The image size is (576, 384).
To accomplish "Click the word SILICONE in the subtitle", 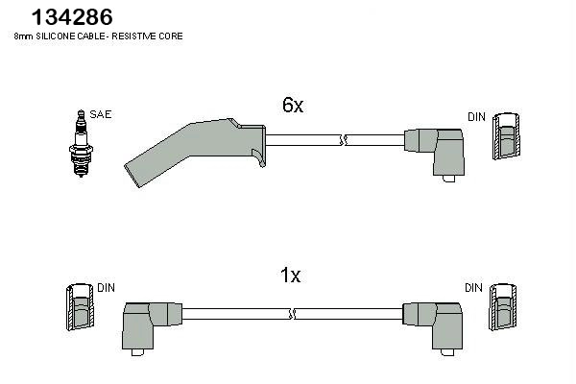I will point(56,36).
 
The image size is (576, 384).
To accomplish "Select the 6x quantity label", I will point(293,107).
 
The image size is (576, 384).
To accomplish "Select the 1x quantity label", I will point(290,276).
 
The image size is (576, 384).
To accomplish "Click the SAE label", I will point(101,114).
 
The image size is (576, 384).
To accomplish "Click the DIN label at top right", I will point(476,116).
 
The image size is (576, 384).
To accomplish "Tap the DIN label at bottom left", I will point(106,287).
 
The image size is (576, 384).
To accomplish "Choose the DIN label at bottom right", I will point(472,287).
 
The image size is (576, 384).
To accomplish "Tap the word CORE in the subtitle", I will point(172,36).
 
